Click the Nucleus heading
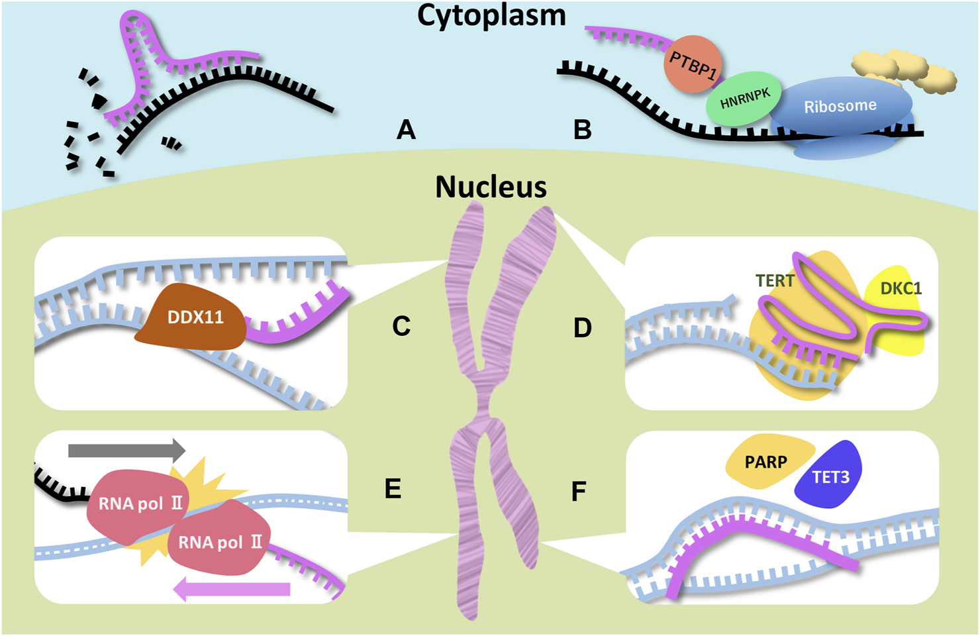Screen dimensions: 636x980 click(x=491, y=187)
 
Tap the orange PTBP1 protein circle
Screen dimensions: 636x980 click(x=693, y=64)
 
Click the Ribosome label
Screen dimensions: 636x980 click(x=840, y=106)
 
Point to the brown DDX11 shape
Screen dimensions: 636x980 click(x=193, y=318)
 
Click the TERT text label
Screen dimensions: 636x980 click(x=774, y=281)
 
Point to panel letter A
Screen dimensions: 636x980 click(x=406, y=130)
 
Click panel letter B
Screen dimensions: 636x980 click(x=582, y=130)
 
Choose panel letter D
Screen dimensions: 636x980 click(x=582, y=327)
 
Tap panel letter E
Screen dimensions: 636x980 click(x=393, y=489)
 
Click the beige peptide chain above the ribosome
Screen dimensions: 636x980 click(x=904, y=70)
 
